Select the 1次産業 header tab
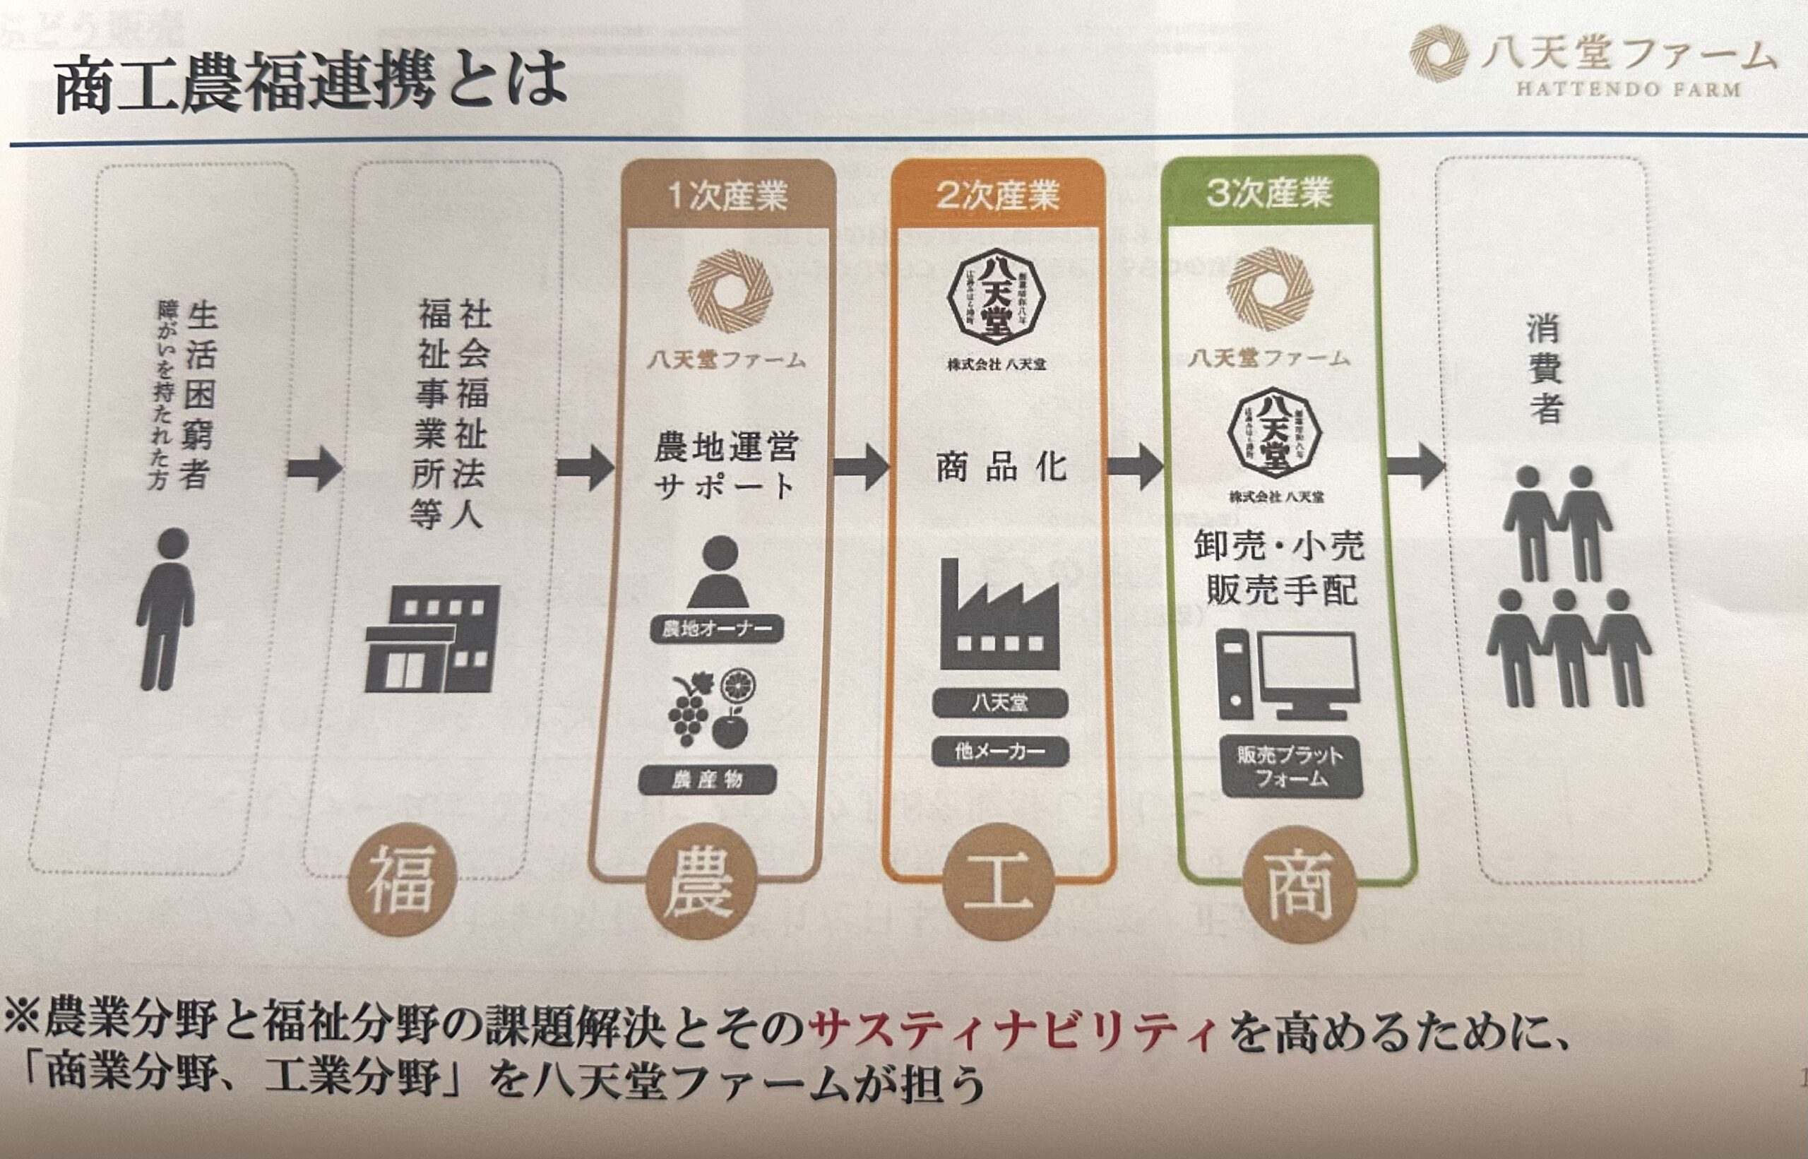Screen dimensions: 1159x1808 [727, 196]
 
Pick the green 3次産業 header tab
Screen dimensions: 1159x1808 [1269, 193]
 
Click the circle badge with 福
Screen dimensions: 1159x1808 [402, 879]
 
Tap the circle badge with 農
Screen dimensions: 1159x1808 [701, 882]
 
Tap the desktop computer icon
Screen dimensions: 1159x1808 [1287, 674]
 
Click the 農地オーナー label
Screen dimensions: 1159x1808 [716, 629]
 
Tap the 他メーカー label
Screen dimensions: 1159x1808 [999, 751]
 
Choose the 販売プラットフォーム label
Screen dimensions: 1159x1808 [1290, 766]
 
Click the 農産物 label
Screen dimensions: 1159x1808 [707, 780]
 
